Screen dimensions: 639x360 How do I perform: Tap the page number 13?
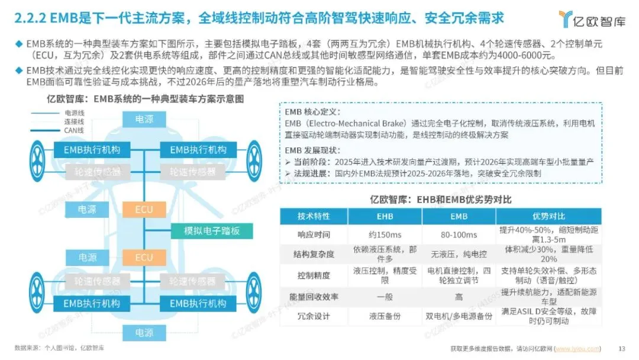tap(621, 348)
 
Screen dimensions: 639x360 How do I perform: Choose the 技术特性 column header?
tap(314, 216)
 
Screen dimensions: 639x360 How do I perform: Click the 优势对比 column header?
tap(548, 216)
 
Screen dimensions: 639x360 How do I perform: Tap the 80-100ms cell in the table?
tap(459, 234)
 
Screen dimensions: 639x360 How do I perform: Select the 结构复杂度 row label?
tap(314, 254)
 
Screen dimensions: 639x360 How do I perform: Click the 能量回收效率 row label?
tap(314, 295)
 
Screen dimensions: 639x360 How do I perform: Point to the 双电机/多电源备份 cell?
tap(459, 316)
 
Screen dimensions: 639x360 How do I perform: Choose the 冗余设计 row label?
tap(314, 316)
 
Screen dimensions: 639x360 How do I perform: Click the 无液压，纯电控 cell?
tap(459, 254)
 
